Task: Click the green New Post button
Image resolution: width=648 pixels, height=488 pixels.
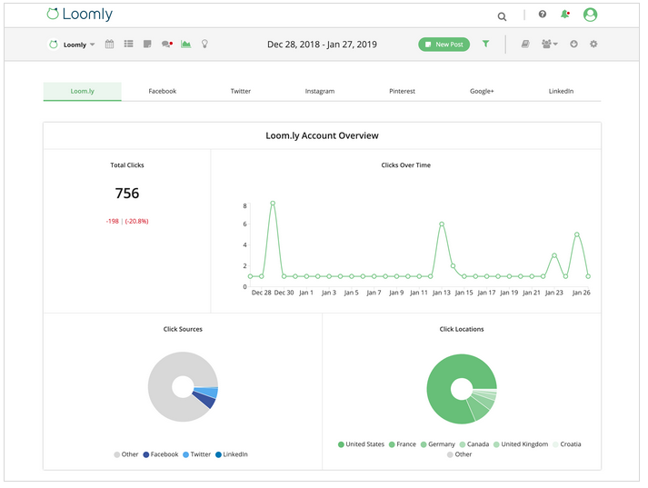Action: [444, 44]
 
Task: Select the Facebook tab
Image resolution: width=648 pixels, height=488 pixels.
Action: [162, 91]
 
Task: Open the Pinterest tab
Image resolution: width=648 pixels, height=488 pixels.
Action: [402, 91]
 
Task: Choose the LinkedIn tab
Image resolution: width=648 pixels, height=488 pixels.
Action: [561, 91]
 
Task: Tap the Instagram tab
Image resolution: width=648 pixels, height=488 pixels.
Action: [319, 91]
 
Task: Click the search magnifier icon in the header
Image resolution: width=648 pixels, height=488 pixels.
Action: [502, 15]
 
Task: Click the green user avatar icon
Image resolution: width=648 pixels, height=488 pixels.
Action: [591, 15]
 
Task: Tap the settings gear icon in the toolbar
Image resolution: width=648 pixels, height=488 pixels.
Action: [593, 44]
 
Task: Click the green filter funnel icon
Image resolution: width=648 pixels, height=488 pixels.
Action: [485, 44]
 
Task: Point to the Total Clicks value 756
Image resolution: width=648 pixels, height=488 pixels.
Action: [127, 193]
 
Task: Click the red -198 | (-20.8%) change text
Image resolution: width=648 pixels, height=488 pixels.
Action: [127, 221]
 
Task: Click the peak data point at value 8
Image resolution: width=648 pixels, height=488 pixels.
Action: [273, 204]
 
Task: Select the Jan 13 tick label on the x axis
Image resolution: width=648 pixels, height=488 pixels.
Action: [441, 293]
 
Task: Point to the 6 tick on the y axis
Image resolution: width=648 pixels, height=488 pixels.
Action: [244, 225]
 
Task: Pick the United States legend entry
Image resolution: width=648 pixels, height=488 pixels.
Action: [361, 444]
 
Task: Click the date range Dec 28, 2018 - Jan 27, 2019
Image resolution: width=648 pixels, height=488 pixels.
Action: [322, 44]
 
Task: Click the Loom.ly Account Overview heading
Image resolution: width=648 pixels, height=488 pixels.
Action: [322, 135]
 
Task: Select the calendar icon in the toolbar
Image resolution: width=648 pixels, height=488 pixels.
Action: [110, 44]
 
